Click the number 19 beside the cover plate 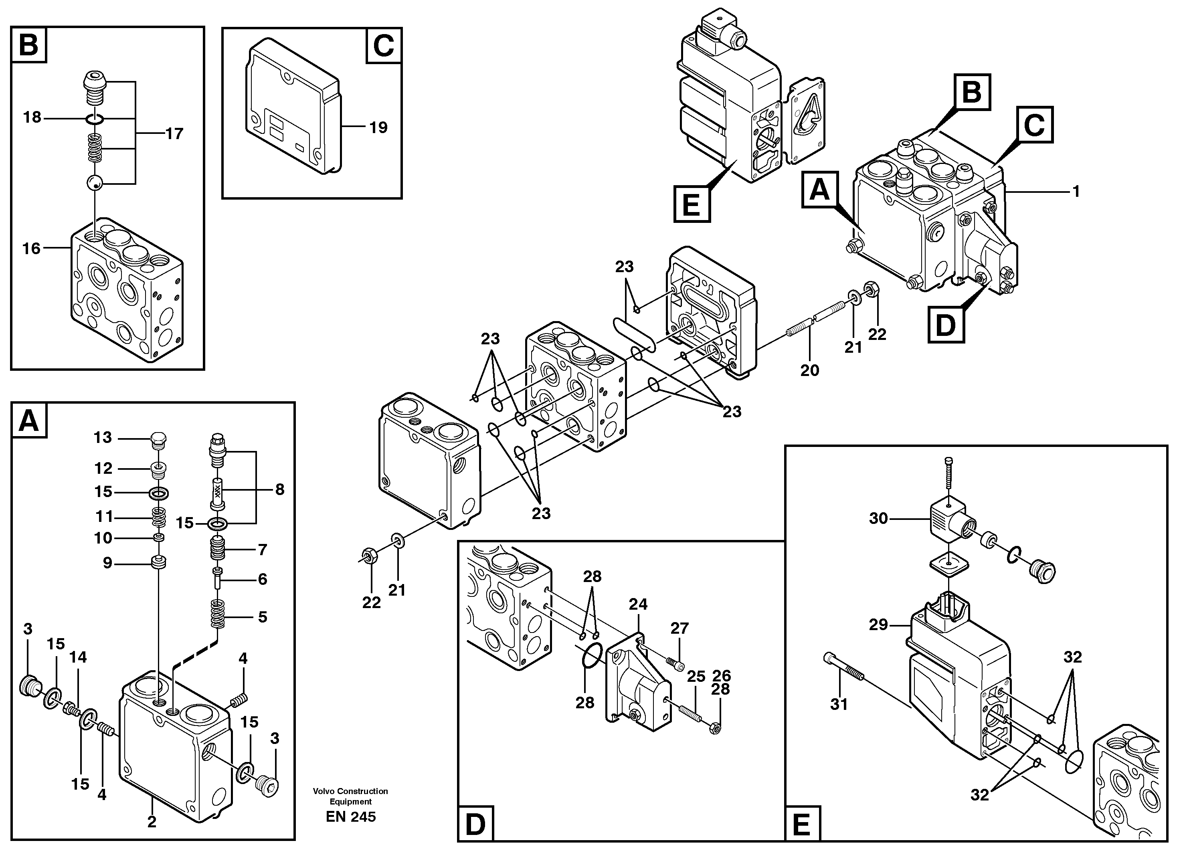378,127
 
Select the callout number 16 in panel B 31,249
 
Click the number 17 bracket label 174,134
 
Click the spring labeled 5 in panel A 218,615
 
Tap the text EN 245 350,817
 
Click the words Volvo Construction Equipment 350,796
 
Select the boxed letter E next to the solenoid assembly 692,204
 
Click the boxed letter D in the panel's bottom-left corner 475,825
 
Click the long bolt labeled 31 843,668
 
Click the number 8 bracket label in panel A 280,489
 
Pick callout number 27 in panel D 679,629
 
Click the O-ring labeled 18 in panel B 95,119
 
